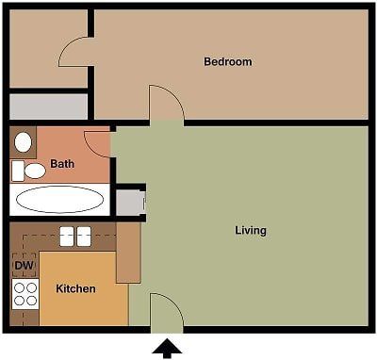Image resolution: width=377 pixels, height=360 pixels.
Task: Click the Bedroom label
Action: pos(228,62)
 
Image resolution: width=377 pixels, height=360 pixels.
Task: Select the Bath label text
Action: pos(62,164)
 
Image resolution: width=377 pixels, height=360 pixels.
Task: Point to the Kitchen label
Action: pos(75,288)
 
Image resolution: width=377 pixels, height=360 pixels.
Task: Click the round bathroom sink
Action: pos(24,142)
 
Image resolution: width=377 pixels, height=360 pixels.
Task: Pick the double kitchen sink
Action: pos(74,236)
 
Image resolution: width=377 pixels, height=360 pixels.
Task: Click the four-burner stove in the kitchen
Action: pos(25,294)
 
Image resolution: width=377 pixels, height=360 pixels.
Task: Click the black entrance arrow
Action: pos(167,349)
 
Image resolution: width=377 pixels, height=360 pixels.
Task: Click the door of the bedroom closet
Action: pos(74,52)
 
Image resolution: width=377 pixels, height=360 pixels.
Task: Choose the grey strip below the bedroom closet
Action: pos(49,106)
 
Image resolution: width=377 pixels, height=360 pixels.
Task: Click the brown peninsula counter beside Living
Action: pos(128,252)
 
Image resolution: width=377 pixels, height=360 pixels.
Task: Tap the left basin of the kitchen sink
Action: pos(67,236)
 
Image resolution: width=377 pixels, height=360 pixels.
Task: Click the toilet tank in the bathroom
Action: pos(17,171)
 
